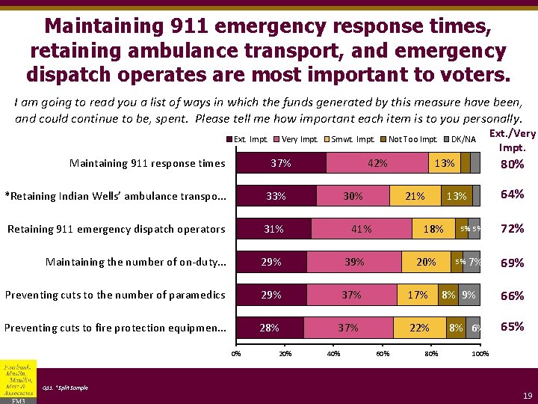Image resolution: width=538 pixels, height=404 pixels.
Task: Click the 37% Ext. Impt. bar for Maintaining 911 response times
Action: click(281, 163)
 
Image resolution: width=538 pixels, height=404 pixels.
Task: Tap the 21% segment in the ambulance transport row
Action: click(415, 196)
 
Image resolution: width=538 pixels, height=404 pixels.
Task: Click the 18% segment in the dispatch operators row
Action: click(433, 229)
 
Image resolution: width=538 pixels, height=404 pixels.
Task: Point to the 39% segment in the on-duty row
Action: click(354, 262)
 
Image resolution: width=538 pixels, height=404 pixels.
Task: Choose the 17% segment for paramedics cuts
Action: click(418, 295)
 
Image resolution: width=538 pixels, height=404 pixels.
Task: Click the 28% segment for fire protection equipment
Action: click(270, 328)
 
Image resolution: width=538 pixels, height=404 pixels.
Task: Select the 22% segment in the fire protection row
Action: click(420, 328)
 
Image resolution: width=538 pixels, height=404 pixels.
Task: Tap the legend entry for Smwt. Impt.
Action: click(352, 139)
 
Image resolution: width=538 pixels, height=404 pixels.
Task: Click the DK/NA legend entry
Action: click(461, 139)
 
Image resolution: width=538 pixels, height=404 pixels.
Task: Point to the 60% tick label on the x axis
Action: click(383, 354)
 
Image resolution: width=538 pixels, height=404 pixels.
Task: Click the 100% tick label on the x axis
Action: click(480, 354)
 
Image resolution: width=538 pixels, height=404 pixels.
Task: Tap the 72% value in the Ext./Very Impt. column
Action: click(512, 229)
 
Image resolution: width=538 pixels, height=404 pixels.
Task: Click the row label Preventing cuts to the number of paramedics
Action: click(115, 295)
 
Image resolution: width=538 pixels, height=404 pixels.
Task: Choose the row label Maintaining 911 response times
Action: click(147, 163)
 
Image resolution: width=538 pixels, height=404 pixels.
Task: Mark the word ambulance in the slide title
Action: click(205, 53)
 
